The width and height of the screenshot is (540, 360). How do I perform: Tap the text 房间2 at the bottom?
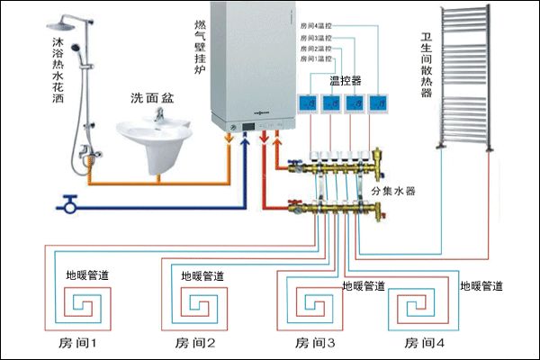pyautogui.click(x=195, y=343)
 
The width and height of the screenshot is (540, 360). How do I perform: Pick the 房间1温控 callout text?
pyautogui.click(x=308, y=58)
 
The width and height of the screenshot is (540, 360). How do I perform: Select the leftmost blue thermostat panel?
pyautogui.click(x=310, y=103)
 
